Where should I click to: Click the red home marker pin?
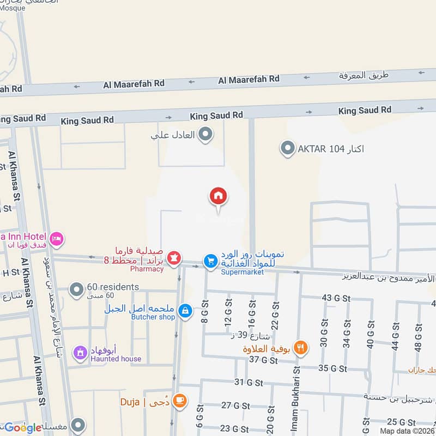coord(219,197)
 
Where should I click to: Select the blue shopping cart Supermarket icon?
coord(210,262)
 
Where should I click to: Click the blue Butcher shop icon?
coord(185,311)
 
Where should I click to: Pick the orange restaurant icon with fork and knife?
coord(299,347)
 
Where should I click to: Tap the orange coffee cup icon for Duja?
coord(178,401)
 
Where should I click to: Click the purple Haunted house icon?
coord(81,353)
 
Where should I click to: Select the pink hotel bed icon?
coord(57,239)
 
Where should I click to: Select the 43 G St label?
coord(335,298)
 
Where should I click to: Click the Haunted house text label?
coord(116,359)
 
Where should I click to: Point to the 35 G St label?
coord(332,368)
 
